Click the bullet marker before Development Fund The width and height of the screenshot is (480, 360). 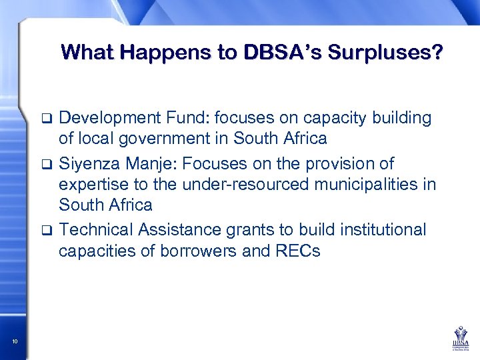pyautogui.click(x=46, y=119)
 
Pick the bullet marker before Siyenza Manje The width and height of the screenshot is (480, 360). pyautogui.click(x=46, y=164)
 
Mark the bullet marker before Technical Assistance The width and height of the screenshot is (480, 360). pyautogui.click(x=46, y=231)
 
